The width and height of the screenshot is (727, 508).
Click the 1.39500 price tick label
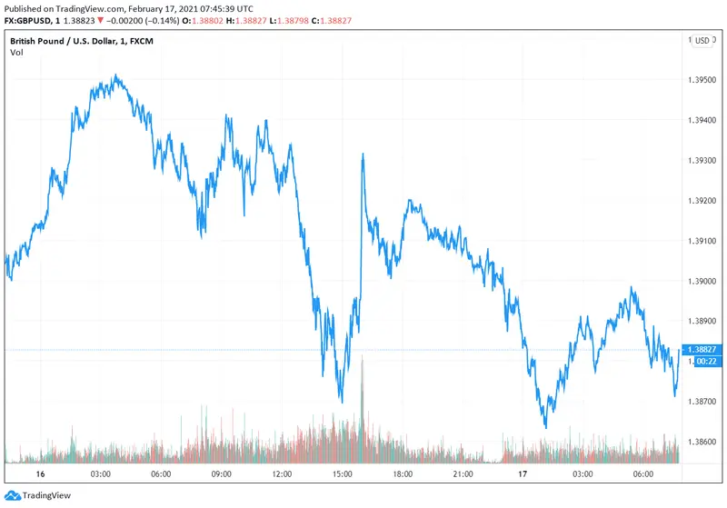pos(703,80)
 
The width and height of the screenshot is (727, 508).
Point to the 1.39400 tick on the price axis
pos(703,120)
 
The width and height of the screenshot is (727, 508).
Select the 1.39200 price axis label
pos(703,201)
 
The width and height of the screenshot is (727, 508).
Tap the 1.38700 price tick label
pos(703,402)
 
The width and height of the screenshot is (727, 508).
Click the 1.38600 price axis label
pos(703,442)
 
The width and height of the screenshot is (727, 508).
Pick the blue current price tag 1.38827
pos(703,350)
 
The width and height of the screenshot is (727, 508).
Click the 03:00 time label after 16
pos(101,474)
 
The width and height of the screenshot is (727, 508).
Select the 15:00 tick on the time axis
pos(344,474)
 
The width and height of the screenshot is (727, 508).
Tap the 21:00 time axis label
pos(464,474)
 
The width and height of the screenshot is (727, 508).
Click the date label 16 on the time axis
pos(40,474)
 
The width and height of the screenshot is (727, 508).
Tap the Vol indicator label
pos(16,53)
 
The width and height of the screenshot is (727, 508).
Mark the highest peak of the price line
pos(115,75)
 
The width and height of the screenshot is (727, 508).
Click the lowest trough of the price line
pos(545,427)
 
